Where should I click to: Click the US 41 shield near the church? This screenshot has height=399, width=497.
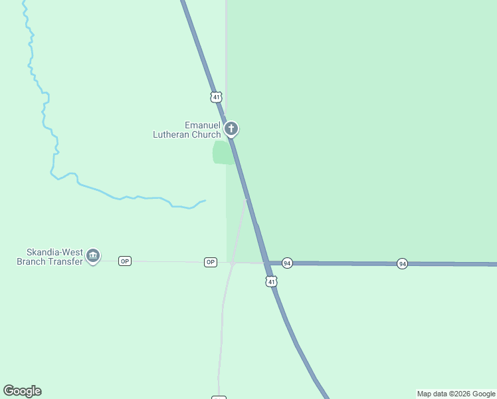(x=216, y=97)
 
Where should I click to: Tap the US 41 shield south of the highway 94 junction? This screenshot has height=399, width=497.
(x=270, y=282)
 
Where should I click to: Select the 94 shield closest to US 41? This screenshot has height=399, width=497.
(x=287, y=263)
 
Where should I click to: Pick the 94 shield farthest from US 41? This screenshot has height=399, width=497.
(x=402, y=264)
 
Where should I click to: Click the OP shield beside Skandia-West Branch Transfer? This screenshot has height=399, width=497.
(x=125, y=261)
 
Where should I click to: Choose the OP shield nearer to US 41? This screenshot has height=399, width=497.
(x=211, y=262)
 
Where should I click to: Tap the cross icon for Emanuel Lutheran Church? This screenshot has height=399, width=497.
(x=231, y=128)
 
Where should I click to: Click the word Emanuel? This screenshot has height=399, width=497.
(x=202, y=125)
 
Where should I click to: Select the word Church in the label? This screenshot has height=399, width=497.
(x=206, y=134)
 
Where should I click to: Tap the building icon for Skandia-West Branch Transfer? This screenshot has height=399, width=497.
(x=93, y=255)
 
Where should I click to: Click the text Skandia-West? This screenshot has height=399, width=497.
(x=54, y=253)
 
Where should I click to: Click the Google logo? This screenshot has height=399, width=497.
(x=22, y=391)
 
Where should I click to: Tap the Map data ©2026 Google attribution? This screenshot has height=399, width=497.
(x=456, y=394)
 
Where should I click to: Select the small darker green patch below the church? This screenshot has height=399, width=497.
(x=223, y=152)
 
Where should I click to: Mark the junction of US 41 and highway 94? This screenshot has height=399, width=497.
(x=266, y=263)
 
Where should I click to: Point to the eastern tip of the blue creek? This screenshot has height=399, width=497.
(x=205, y=200)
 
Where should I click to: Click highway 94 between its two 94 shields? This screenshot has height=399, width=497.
(x=344, y=264)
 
